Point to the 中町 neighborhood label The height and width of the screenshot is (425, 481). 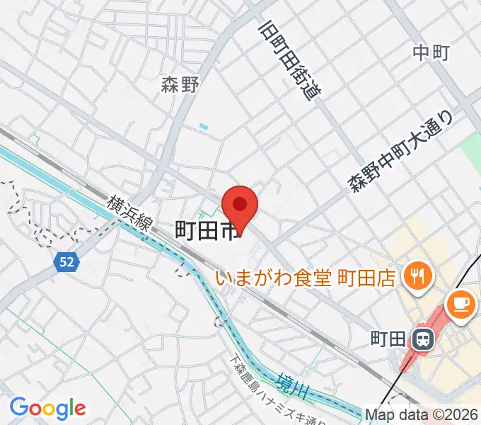click(431, 52)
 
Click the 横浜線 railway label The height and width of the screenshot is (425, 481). click(130, 215)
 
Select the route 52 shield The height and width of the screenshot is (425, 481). click(66, 262)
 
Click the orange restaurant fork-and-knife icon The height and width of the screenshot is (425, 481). click(415, 274)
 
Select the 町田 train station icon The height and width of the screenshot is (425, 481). click(424, 339)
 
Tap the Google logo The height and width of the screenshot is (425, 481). click(47, 408)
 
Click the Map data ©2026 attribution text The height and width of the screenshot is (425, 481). click(422, 414)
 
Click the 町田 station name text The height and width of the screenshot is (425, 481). click(388, 339)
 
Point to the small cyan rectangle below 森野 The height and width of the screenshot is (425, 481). click(204, 127)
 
